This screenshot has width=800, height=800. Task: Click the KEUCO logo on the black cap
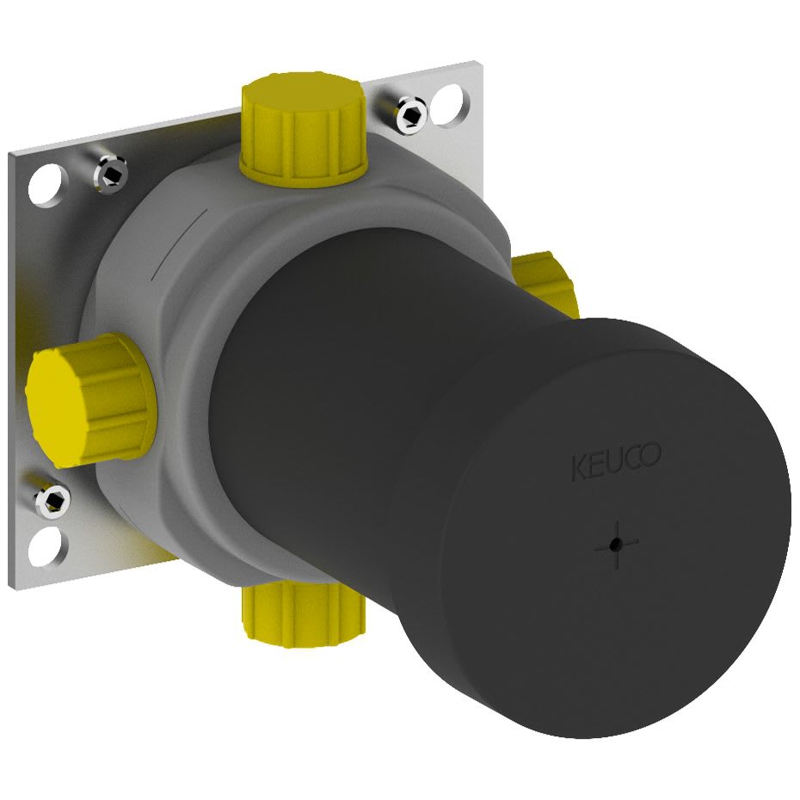[x=616, y=461]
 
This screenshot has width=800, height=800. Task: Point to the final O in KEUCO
[x=651, y=453]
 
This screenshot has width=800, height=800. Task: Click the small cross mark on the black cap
[x=616, y=545]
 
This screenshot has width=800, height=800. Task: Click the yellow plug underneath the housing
[x=304, y=614]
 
